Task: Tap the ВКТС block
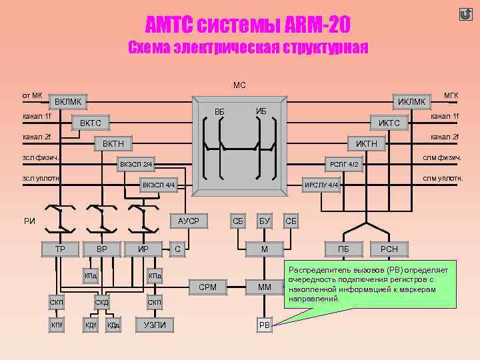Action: (91, 123)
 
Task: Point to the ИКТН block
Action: (367, 143)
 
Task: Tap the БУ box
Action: (265, 221)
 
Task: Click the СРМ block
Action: (207, 287)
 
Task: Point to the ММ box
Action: (265, 287)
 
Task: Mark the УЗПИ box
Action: (155, 325)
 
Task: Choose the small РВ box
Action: (265, 325)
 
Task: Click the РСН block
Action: (389, 249)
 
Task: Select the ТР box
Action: (59, 249)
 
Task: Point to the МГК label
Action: (451, 95)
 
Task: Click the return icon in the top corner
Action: (465, 13)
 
